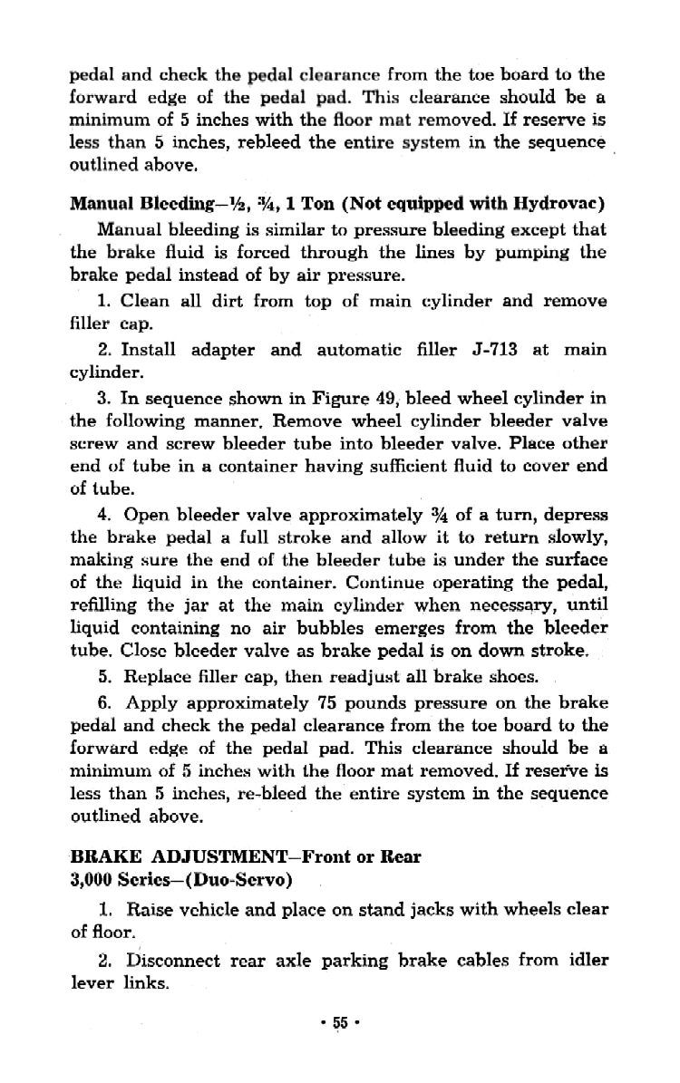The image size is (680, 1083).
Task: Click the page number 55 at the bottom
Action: point(341,1021)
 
